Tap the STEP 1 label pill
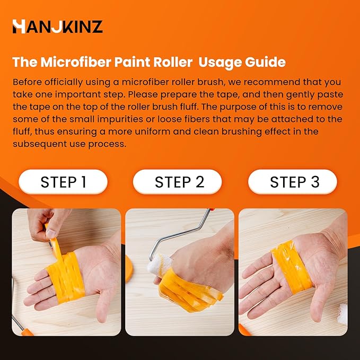click(x=63, y=182)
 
